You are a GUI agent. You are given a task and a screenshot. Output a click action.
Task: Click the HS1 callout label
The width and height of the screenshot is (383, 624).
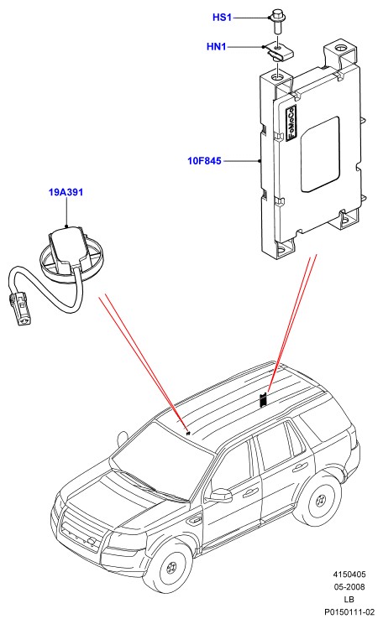click(x=222, y=18)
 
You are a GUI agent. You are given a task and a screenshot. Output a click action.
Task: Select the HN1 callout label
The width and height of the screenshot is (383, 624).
click(x=217, y=47)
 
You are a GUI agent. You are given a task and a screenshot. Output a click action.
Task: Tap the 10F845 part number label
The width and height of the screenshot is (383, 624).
click(x=204, y=161)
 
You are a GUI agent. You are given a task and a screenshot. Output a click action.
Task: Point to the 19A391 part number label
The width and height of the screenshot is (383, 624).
click(x=66, y=193)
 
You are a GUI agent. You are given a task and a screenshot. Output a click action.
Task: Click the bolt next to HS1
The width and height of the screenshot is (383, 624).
click(x=276, y=21)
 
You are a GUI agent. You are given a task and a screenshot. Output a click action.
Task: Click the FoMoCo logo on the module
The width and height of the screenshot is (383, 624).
click(x=291, y=122)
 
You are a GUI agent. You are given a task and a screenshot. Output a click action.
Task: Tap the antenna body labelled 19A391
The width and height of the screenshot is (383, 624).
click(x=65, y=251)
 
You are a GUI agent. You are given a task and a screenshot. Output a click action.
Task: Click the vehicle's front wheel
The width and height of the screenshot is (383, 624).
click(x=171, y=565)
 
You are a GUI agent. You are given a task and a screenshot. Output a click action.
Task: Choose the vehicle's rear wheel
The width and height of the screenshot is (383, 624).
click(x=319, y=500)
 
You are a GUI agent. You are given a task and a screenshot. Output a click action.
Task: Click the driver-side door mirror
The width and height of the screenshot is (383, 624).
click(x=221, y=496)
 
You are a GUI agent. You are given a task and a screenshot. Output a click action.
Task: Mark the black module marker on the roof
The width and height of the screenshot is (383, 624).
click(x=264, y=400)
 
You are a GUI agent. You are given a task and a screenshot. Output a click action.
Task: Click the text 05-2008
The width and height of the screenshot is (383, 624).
click(x=349, y=586)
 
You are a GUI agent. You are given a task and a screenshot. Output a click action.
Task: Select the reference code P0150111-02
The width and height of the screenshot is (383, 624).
click(x=349, y=611)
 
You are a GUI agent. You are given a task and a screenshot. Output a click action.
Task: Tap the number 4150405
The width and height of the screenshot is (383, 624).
click(x=349, y=575)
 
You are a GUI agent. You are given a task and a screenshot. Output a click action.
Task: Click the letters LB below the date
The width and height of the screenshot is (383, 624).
click(x=349, y=599)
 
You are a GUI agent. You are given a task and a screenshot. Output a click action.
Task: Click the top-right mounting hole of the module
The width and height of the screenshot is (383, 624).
click(x=340, y=49)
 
